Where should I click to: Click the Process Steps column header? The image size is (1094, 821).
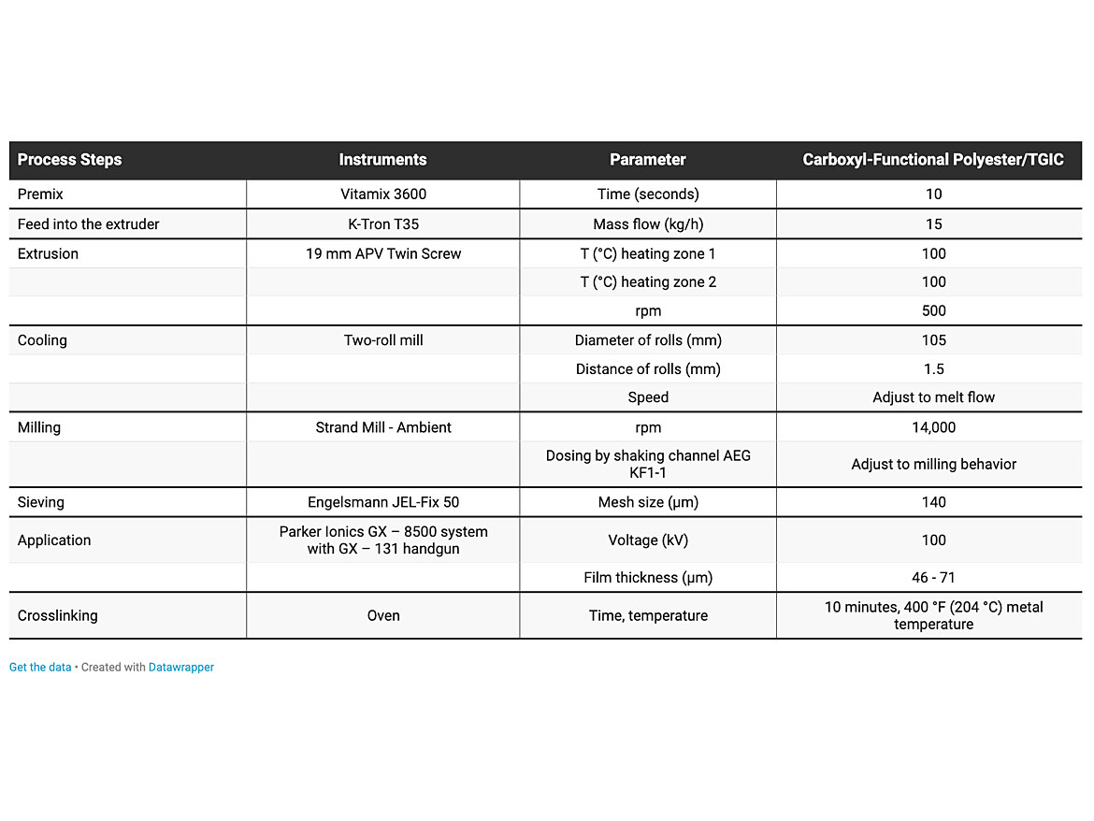tap(70, 160)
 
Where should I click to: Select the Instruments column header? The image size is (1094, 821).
tap(382, 160)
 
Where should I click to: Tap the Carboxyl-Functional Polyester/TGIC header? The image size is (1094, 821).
tap(933, 160)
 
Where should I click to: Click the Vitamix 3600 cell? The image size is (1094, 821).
tap(382, 194)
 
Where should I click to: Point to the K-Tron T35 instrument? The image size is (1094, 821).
tap(382, 224)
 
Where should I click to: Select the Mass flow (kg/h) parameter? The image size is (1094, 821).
tap(648, 224)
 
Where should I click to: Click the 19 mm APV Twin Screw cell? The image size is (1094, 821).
tap(382, 253)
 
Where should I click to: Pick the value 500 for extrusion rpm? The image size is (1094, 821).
tap(933, 310)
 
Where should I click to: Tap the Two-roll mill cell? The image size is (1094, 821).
tap(382, 340)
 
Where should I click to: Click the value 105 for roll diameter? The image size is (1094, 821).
tap(933, 340)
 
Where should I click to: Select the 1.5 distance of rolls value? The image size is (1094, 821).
tap(933, 368)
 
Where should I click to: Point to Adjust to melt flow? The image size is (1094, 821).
tap(933, 397)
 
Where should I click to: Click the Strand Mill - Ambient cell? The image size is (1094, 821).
tap(382, 427)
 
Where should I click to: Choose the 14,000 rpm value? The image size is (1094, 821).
tap(933, 427)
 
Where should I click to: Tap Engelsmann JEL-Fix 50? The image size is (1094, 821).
tap(382, 502)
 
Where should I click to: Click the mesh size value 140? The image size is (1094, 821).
tap(933, 502)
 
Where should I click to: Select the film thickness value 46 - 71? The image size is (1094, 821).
tap(933, 578)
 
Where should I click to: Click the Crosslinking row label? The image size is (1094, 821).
tap(57, 615)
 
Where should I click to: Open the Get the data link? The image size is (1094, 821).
tap(40, 668)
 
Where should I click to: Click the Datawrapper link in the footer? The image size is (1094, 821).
tap(181, 668)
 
